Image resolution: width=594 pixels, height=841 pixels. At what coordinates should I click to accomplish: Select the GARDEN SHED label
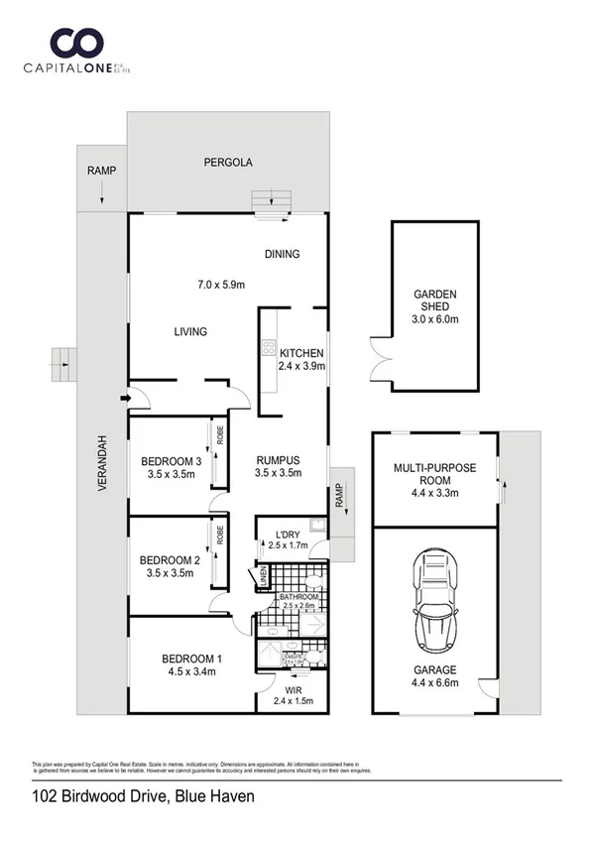click(x=435, y=300)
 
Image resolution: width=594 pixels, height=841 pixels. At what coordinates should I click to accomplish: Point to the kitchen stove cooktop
click(x=268, y=348)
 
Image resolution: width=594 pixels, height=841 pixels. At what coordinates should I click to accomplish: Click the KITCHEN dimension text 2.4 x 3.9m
click(x=302, y=366)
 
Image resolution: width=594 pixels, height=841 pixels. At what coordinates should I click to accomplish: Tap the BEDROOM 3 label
click(x=172, y=461)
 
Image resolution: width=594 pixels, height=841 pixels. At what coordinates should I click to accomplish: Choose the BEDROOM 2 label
click(x=172, y=559)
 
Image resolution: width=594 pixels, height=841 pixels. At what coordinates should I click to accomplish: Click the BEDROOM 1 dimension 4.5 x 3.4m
click(x=191, y=671)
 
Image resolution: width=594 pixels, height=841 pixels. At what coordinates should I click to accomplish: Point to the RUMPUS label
click(x=277, y=460)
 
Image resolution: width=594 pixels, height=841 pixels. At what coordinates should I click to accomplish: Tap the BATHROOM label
click(x=298, y=596)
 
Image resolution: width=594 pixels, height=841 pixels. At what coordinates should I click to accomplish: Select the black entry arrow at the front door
click(x=123, y=399)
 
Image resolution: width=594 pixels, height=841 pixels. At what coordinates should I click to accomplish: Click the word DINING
click(x=282, y=254)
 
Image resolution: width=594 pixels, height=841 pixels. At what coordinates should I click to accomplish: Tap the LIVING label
click(x=190, y=331)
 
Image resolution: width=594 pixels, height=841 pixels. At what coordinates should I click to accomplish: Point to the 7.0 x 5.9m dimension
click(x=221, y=286)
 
